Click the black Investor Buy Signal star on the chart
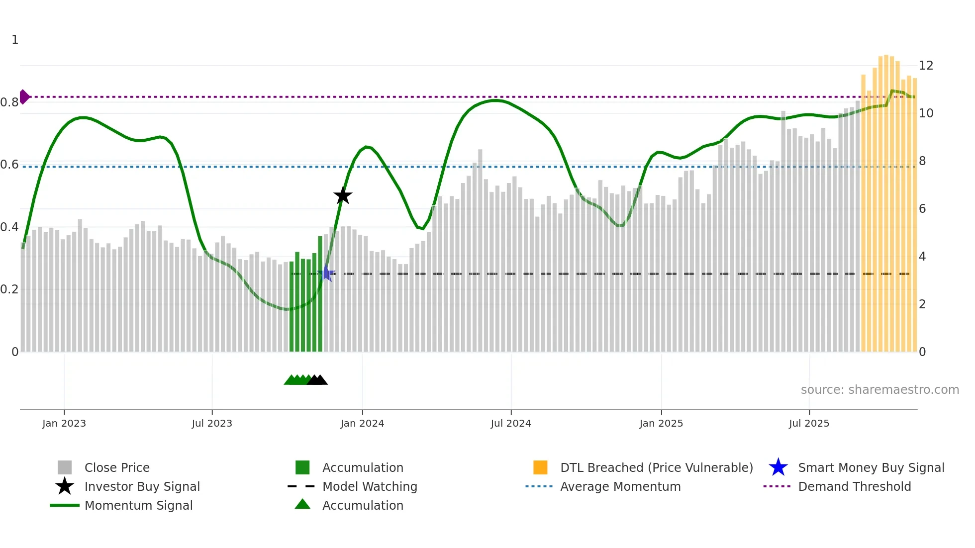point(343,196)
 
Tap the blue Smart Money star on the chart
point(326,273)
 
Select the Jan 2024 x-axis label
point(362,423)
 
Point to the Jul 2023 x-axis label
point(212,423)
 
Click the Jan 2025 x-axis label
point(661,423)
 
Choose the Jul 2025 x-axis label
point(809,423)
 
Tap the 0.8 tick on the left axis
point(9,102)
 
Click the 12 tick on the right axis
point(926,66)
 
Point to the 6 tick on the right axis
point(922,209)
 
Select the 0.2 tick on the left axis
point(9,289)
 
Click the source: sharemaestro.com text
point(879,390)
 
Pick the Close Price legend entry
point(117,468)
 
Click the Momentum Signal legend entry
point(138,506)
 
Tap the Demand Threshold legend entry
point(854,487)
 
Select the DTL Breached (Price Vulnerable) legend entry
point(656,468)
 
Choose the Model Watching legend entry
point(370,487)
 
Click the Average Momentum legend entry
point(620,487)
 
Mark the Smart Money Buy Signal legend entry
point(871,468)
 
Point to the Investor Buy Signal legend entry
point(142,487)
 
